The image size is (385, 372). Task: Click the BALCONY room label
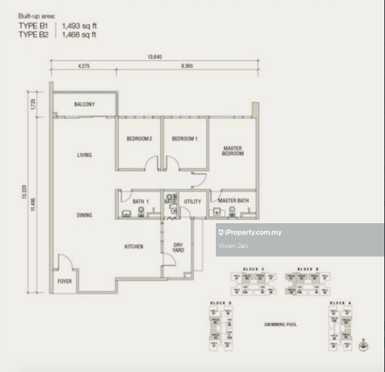tap(84, 105)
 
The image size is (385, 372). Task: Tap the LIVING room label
tap(85, 155)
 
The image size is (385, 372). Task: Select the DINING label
tap(85, 215)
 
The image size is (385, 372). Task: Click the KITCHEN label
tap(134, 247)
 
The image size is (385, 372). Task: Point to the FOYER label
tap(64, 281)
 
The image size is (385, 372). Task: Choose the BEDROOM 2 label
tap(139, 139)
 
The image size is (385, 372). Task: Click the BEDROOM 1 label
tap(185, 139)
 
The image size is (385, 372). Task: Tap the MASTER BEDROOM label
tap(232, 150)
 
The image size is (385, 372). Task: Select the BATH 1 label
tap(140, 202)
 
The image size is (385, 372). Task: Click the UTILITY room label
tap(192, 202)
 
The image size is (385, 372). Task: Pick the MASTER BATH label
tap(233, 202)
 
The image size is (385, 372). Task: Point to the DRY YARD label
tap(178, 248)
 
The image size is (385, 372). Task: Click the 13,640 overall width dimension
tap(154, 57)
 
